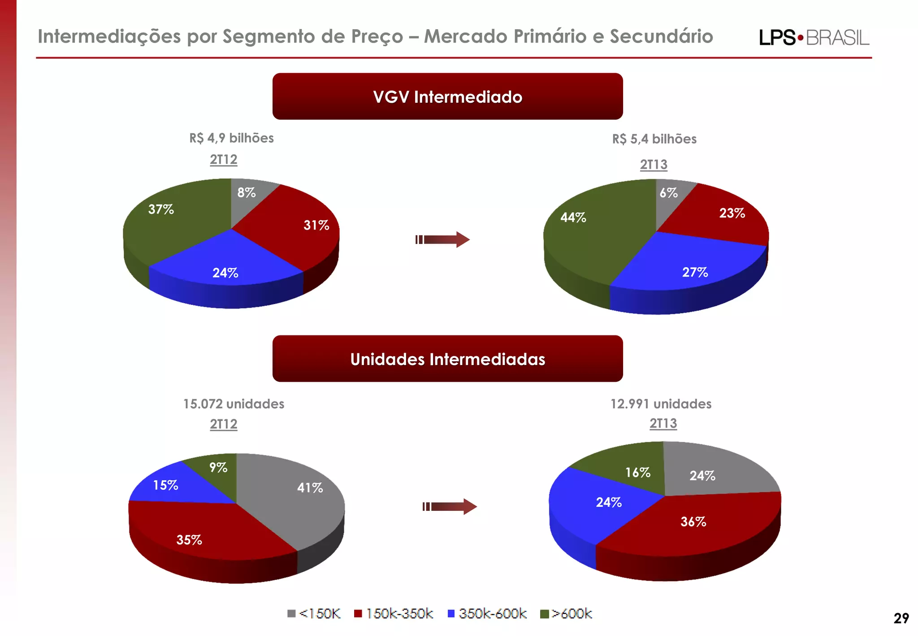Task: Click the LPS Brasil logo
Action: (814, 38)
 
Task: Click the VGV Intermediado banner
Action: (447, 96)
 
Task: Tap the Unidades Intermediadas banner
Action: (447, 359)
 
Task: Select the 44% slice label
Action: (573, 218)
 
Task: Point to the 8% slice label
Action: (246, 192)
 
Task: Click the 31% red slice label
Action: (316, 225)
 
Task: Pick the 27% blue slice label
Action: (695, 272)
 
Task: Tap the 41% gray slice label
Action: (310, 488)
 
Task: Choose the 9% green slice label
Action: (218, 467)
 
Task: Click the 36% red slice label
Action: (693, 522)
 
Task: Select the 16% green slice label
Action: (637, 472)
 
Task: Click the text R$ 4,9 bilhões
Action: (231, 138)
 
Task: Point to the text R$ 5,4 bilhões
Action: (654, 139)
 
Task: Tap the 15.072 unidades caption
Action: (234, 404)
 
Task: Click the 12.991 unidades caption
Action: (661, 404)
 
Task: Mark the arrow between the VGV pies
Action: (442, 240)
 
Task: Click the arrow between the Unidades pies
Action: (450, 506)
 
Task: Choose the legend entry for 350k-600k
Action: (487, 614)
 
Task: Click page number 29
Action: (901, 619)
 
